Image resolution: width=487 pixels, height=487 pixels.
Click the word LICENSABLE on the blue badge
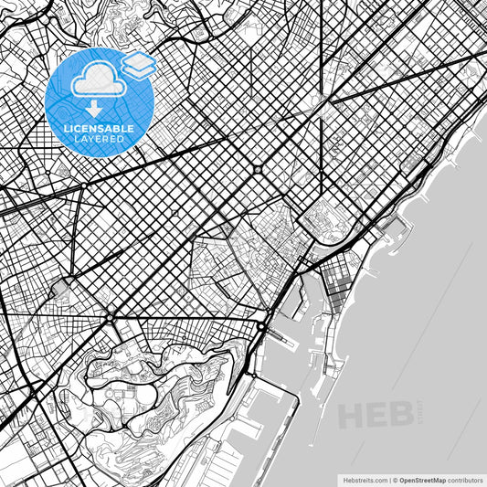[x=100, y=129]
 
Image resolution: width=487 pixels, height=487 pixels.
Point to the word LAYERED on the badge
[x=100, y=140]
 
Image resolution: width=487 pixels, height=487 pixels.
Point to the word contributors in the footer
[x=464, y=478]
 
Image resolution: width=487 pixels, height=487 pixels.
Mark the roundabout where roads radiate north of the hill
[x=110, y=318]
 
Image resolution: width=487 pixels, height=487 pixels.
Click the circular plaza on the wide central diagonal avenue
[x=259, y=169]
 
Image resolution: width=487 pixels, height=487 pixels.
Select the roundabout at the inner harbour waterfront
[x=263, y=326]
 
